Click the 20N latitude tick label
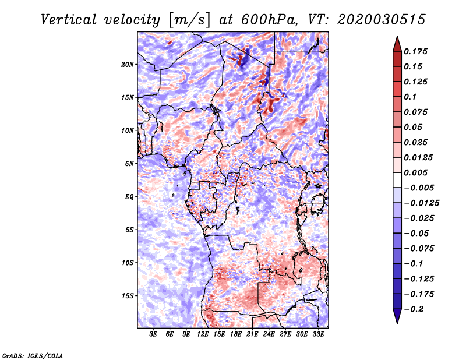coord(128,65)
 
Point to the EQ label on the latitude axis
coord(129,197)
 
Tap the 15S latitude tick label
coord(128,296)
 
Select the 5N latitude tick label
coord(129,164)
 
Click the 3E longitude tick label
coord(153,334)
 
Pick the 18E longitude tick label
coord(236,334)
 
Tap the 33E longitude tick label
coord(318,334)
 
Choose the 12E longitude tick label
coord(203,334)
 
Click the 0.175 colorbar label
coord(415,51)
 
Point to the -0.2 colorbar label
coord(414,309)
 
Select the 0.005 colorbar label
coord(415,172)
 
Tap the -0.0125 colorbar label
coord(421,203)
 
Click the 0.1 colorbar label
coord(410,97)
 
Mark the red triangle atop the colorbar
coord(397,44)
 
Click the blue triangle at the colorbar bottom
coord(397,316)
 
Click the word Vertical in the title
coord(69,20)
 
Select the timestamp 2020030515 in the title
coord(382,20)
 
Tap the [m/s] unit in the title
coord(189,20)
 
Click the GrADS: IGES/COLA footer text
coord(33,355)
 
